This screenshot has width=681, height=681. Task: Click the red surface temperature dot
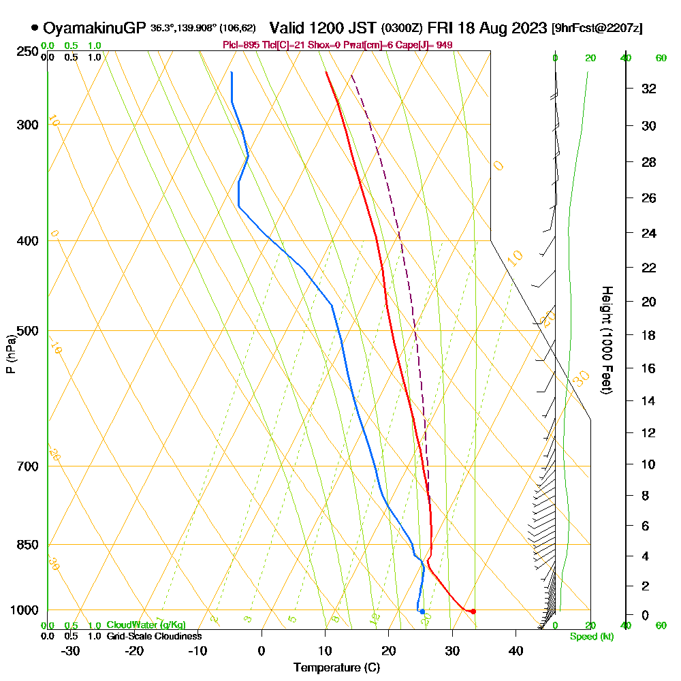coord(473,611)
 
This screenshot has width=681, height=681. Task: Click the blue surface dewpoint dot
coord(422,612)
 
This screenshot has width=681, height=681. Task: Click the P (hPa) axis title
coord(10,354)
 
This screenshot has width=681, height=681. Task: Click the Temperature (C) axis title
coord(336,668)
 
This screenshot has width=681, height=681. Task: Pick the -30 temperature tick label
coord(71,650)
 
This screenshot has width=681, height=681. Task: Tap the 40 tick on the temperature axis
coord(516,650)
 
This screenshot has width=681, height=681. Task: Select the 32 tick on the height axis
coord(649,89)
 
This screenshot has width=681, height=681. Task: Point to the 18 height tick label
coord(649,335)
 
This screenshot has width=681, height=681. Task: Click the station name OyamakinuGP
coord(94,28)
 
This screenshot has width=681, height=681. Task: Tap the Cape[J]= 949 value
coord(430,45)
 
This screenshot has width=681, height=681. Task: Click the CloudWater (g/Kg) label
coord(146,625)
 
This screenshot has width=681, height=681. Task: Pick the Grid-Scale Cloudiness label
coord(154,636)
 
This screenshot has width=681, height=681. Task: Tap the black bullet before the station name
coord(34,28)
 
